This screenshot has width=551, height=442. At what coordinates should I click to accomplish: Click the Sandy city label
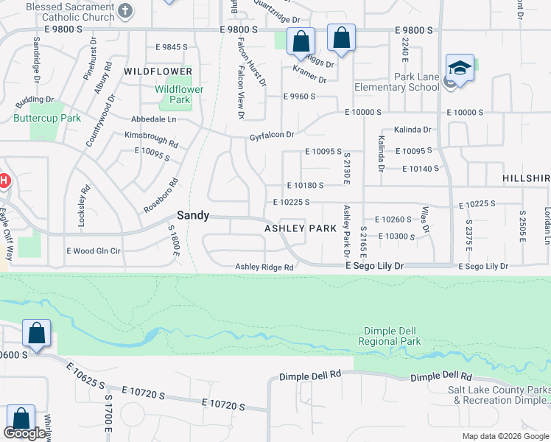pyautogui.click(x=193, y=215)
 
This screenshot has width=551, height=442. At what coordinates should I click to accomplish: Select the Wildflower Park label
pyautogui.click(x=179, y=94)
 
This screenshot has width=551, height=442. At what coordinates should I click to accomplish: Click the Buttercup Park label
pyautogui.click(x=47, y=118)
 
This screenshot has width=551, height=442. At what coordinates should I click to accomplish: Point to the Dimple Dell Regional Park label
pyautogui.click(x=390, y=336)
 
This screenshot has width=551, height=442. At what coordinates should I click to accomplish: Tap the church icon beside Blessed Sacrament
pyautogui.click(x=125, y=10)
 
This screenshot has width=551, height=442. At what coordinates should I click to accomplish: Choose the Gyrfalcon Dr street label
pyautogui.click(x=272, y=136)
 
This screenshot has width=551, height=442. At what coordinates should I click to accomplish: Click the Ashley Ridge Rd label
pyautogui.click(x=264, y=267)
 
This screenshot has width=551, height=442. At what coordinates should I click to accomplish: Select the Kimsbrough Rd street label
pyautogui.click(x=151, y=139)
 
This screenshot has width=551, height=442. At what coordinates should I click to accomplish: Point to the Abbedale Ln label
pyautogui.click(x=154, y=119)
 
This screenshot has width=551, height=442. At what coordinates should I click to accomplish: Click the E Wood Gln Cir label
pyautogui.click(x=93, y=250)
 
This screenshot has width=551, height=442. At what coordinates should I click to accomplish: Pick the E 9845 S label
pyautogui.click(x=172, y=46)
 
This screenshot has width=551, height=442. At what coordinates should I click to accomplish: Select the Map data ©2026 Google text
pyautogui.click(x=505, y=436)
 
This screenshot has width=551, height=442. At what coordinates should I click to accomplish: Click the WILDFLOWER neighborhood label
pyautogui.click(x=153, y=71)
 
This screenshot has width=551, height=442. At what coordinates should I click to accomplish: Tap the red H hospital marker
pyautogui.click(x=4, y=180)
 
